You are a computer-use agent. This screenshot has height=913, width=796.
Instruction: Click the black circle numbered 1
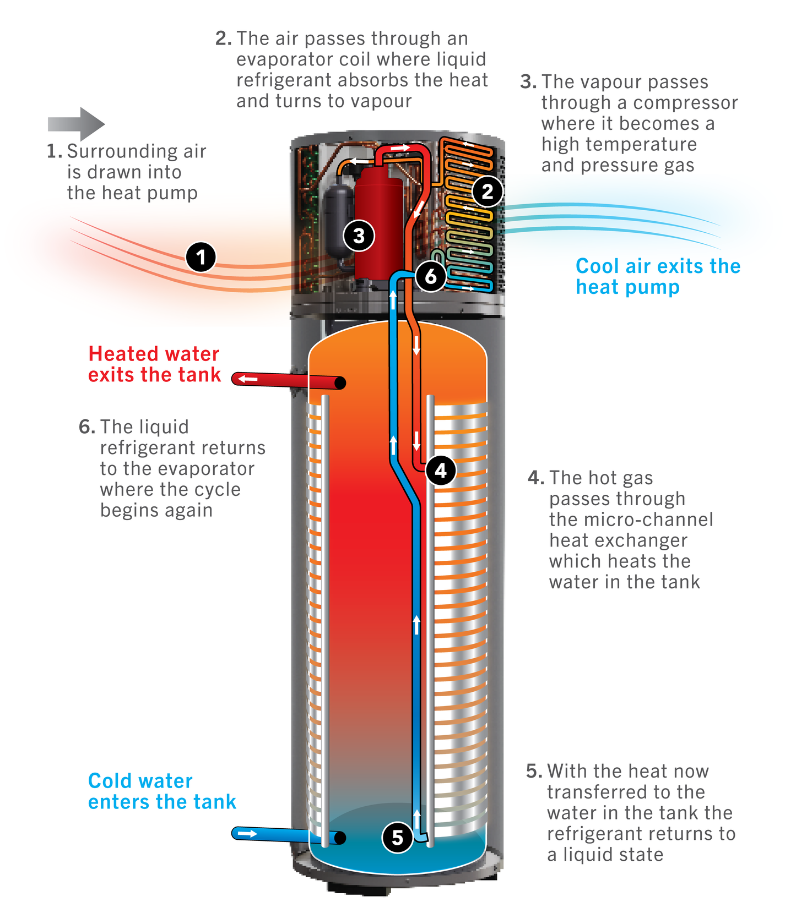[201, 257]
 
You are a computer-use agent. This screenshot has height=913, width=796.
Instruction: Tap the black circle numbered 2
[487, 192]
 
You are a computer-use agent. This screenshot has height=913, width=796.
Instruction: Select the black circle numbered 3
[359, 236]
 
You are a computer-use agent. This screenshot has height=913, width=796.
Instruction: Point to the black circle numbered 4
[441, 471]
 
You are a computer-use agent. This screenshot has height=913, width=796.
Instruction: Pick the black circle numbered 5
[397, 837]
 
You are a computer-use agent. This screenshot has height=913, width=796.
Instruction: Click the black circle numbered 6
[431, 276]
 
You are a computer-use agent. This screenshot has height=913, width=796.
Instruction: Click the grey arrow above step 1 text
[76, 124]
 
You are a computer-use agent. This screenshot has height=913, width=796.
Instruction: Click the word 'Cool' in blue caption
[597, 266]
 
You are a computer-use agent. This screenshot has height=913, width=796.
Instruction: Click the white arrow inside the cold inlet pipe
[247, 834]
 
